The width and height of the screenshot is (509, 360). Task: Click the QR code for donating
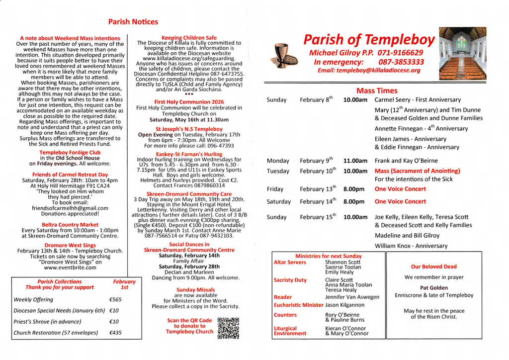229,328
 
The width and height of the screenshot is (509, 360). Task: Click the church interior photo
462,57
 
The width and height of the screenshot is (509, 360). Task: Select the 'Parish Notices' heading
133,22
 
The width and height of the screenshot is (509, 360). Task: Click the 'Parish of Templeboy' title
369,40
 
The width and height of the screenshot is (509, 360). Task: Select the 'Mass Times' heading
377,90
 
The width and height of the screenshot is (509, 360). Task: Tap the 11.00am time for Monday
355,161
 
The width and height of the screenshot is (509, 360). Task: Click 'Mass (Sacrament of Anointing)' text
417,171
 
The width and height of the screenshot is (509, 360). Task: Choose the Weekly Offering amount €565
115,300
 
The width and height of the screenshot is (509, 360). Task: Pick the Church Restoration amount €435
115,333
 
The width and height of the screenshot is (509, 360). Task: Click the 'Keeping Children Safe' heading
189,37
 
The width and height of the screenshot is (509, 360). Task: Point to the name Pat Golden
434,287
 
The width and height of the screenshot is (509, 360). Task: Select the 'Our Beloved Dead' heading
434,267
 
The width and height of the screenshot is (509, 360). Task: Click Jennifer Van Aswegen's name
352,297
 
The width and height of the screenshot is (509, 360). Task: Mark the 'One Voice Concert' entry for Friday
400,189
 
